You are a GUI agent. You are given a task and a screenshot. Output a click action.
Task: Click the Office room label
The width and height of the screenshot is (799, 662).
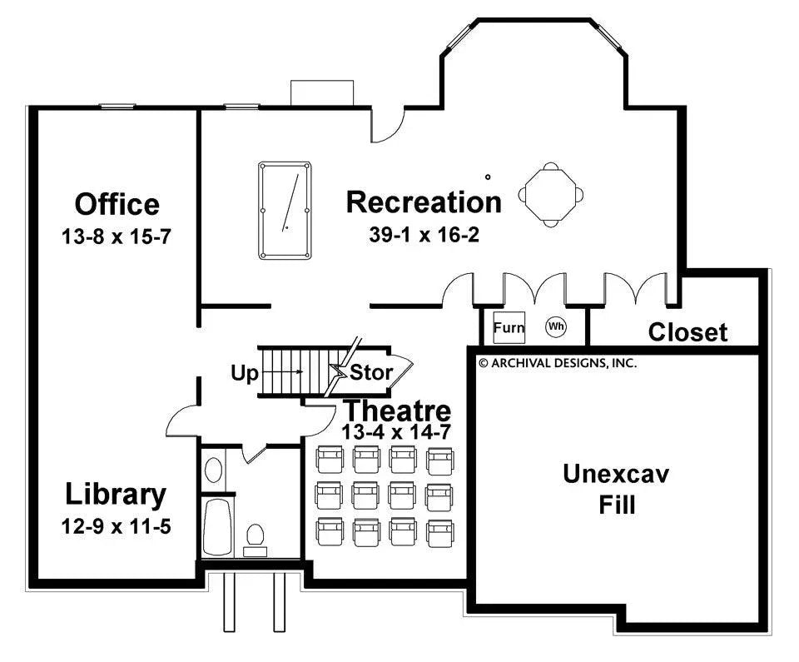pyautogui.click(x=117, y=204)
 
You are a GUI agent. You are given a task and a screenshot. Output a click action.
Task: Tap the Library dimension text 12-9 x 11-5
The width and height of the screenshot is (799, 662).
pyautogui.click(x=117, y=526)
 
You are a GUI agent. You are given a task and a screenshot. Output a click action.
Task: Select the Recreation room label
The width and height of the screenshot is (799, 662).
pyautogui.click(x=424, y=202)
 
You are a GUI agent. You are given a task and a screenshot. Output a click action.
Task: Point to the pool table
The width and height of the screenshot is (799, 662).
pyautogui.click(x=285, y=210)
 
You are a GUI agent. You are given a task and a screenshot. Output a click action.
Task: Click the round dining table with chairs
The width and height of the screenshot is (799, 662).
pyautogui.click(x=550, y=195)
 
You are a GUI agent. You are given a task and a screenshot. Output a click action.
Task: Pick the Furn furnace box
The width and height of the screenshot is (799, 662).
pyautogui.click(x=509, y=327)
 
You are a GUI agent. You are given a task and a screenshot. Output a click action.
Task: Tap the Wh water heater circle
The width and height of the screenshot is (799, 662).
pyautogui.click(x=556, y=326)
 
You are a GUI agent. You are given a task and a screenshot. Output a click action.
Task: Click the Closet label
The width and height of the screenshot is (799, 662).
pyautogui.click(x=687, y=332)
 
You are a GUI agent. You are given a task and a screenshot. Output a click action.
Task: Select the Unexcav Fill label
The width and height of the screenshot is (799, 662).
pyautogui.click(x=617, y=489)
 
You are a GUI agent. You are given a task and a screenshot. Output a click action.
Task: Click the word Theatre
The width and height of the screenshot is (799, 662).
pyautogui.click(x=398, y=411)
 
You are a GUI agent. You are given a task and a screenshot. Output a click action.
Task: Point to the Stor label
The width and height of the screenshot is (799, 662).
pyautogui.click(x=370, y=372)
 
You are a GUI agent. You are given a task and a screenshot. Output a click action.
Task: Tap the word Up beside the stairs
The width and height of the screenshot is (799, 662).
pyautogui.click(x=245, y=373)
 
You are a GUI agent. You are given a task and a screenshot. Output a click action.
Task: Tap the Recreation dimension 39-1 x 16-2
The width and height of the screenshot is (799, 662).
pyautogui.click(x=424, y=235)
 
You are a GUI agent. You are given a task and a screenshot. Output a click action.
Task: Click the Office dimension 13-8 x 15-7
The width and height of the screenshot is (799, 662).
pyautogui.click(x=117, y=236)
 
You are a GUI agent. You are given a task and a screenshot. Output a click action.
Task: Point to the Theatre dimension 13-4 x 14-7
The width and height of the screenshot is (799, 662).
pyautogui.click(x=396, y=432)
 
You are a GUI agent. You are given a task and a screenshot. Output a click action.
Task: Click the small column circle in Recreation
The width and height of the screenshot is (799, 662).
pyautogui.click(x=488, y=177)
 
